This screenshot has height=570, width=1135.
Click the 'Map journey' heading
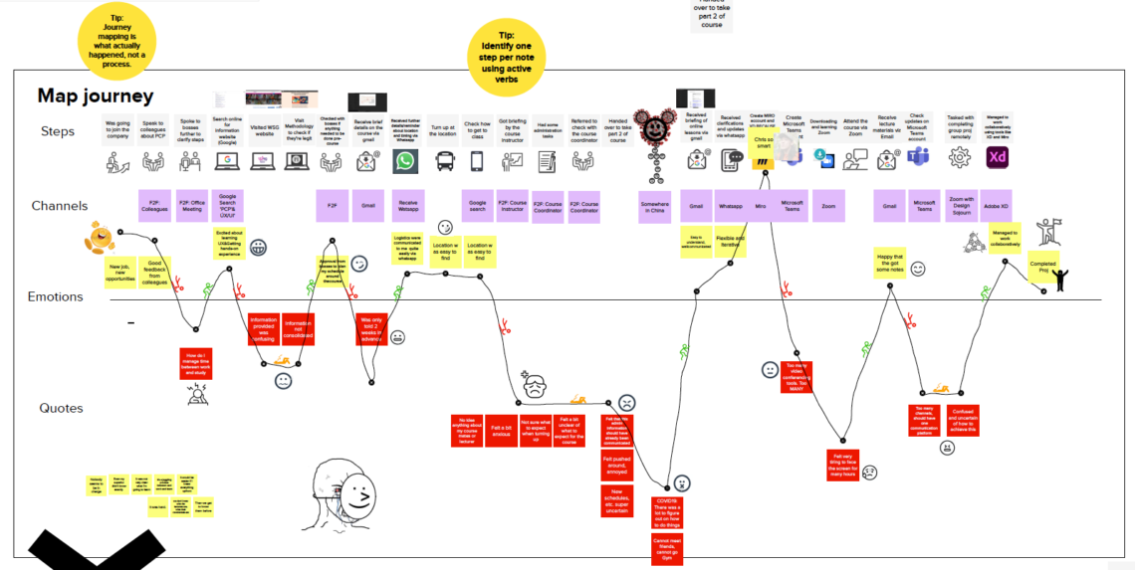pyautogui.click(x=96, y=95)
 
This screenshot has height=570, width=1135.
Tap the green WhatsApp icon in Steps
pyautogui.click(x=405, y=161)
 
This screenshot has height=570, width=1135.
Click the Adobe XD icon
pyautogui.click(x=998, y=157)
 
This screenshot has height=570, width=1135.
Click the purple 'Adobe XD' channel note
pyautogui.click(x=997, y=206)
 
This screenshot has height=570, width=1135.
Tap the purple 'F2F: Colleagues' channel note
pyautogui.click(x=154, y=206)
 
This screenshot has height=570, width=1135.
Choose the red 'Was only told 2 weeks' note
pyautogui.click(x=371, y=329)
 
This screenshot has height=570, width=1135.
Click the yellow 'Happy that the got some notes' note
pyautogui.click(x=890, y=264)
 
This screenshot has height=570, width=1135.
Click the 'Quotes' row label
pyautogui.click(x=61, y=408)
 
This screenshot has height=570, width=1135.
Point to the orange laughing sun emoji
pyautogui.click(x=100, y=237)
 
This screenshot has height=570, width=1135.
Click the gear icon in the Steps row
pyautogui.click(x=961, y=157)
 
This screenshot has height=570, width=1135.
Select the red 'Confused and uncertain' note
pyautogui.click(x=963, y=420)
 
